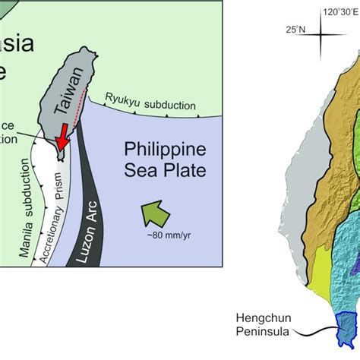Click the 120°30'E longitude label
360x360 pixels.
pyautogui.click(x=340, y=12)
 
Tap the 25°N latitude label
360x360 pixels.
pyautogui.click(x=295, y=30)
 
